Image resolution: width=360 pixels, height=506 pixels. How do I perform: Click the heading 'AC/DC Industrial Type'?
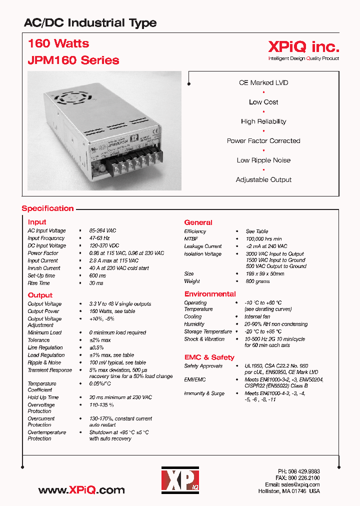click(90, 23)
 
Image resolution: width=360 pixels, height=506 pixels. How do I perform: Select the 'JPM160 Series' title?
click(73, 60)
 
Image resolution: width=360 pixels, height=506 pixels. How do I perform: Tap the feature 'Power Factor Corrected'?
click(263, 141)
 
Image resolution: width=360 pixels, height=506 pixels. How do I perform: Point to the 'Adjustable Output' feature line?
click(263, 179)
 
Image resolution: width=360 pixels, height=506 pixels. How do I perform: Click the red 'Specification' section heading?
click(47, 208)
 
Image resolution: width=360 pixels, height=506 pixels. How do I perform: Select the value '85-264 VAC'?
click(102, 230)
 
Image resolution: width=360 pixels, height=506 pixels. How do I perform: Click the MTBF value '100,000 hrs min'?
click(263, 239)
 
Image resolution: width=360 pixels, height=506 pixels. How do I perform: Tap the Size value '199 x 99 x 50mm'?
click(264, 274)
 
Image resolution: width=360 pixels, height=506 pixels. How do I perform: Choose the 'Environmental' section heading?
click(210, 294)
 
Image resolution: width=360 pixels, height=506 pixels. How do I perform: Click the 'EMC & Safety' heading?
click(209, 357)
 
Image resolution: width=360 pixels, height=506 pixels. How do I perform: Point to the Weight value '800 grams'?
click(257, 281)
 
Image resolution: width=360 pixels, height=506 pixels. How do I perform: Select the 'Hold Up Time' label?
click(43, 397)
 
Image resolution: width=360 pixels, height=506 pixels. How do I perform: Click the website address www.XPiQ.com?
click(81, 489)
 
